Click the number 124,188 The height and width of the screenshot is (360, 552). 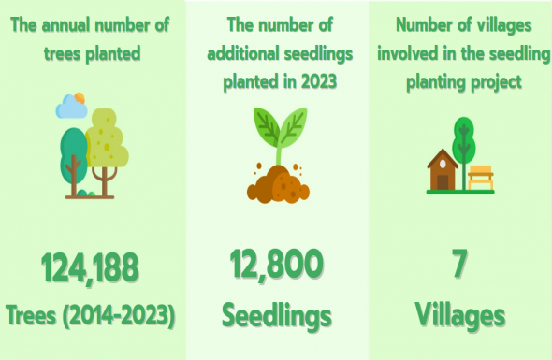pyautogui.click(x=90, y=268)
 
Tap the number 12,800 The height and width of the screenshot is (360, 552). pyautogui.click(x=276, y=265)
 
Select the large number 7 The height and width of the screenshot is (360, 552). pyautogui.click(x=459, y=264)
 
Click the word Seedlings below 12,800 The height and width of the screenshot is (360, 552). pyautogui.click(x=277, y=316)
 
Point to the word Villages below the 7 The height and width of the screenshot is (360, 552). pyautogui.click(x=460, y=315)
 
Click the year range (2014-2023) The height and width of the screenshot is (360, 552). pyautogui.click(x=119, y=315)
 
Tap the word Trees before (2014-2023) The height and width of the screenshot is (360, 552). pyautogui.click(x=31, y=315)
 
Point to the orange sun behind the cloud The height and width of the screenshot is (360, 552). pyautogui.click(x=80, y=98)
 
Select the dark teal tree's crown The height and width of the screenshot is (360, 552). pyautogui.click(x=74, y=155)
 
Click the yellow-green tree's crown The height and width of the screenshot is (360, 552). pyautogui.click(x=107, y=138)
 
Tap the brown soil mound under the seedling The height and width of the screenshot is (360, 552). pyautogui.click(x=279, y=184)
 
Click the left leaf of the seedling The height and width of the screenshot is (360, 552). pyautogui.click(x=267, y=126)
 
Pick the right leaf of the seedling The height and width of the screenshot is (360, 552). pyautogui.click(x=293, y=127)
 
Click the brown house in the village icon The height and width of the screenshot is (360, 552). pyautogui.click(x=443, y=170)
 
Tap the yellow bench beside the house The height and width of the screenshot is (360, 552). pyautogui.click(x=481, y=178)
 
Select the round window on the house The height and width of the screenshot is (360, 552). pyautogui.click(x=443, y=164)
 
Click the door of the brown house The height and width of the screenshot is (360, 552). pyautogui.click(x=443, y=182)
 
